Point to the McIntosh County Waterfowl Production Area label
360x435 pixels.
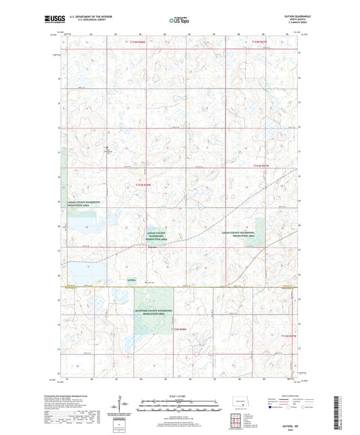pos(154,313)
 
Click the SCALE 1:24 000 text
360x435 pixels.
pos(180,395)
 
